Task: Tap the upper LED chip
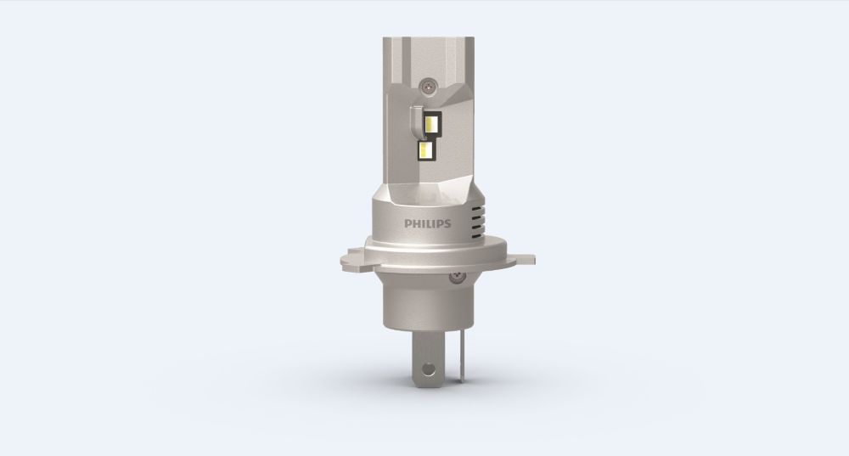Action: coord(431,124)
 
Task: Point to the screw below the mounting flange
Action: coord(455,277)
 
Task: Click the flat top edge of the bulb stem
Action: coord(424,38)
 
